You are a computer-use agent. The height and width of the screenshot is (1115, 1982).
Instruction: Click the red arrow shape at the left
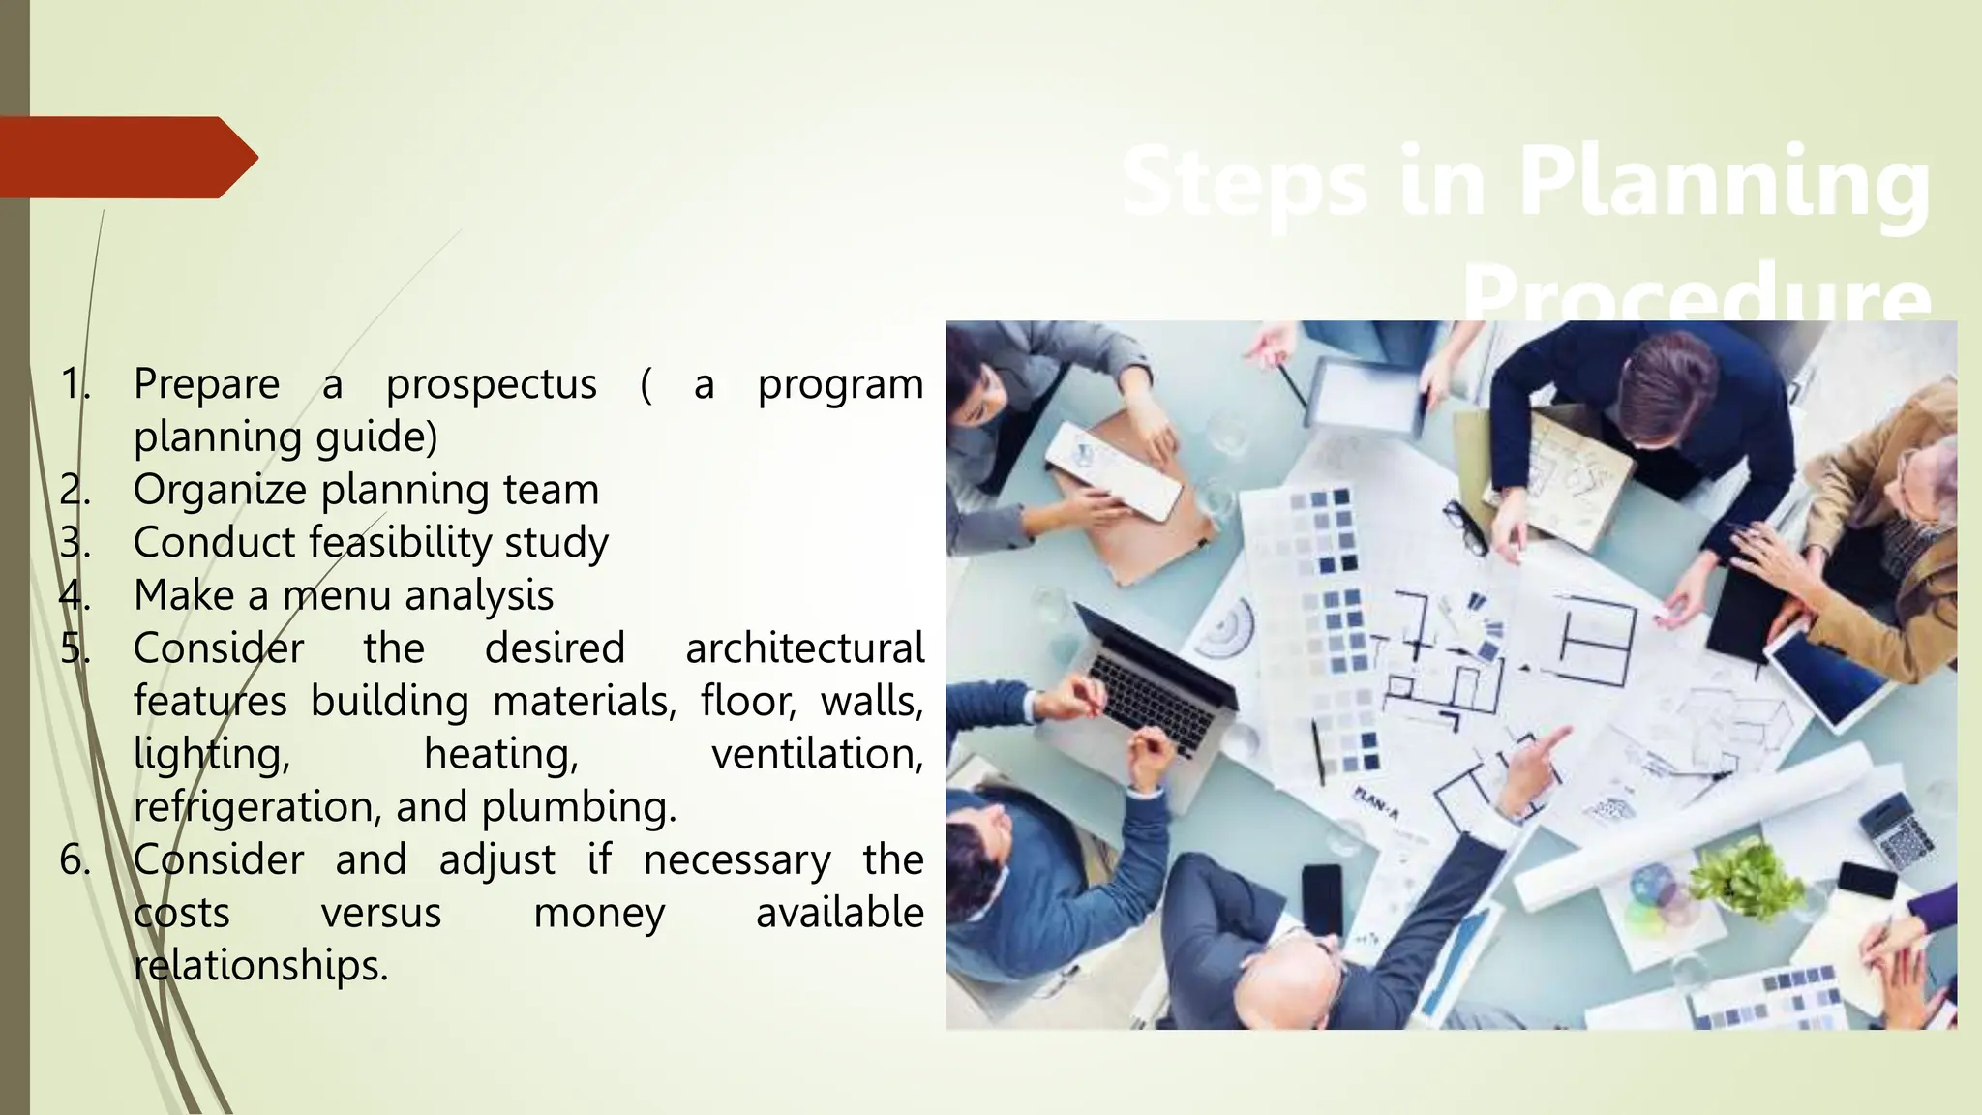click(126, 157)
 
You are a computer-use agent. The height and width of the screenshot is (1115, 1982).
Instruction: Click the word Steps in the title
click(1245, 182)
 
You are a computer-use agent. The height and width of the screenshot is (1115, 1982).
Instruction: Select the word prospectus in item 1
click(491, 384)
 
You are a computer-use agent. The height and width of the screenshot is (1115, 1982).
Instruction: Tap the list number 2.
click(74, 490)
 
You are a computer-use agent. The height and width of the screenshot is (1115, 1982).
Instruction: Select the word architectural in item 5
click(803, 648)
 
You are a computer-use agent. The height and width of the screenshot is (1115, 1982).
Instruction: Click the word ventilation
click(816, 754)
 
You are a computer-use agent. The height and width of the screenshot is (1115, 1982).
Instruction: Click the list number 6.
click(74, 859)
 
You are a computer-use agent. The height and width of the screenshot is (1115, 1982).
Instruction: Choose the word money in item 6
click(599, 913)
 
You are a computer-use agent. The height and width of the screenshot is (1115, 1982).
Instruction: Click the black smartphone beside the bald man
click(1322, 900)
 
